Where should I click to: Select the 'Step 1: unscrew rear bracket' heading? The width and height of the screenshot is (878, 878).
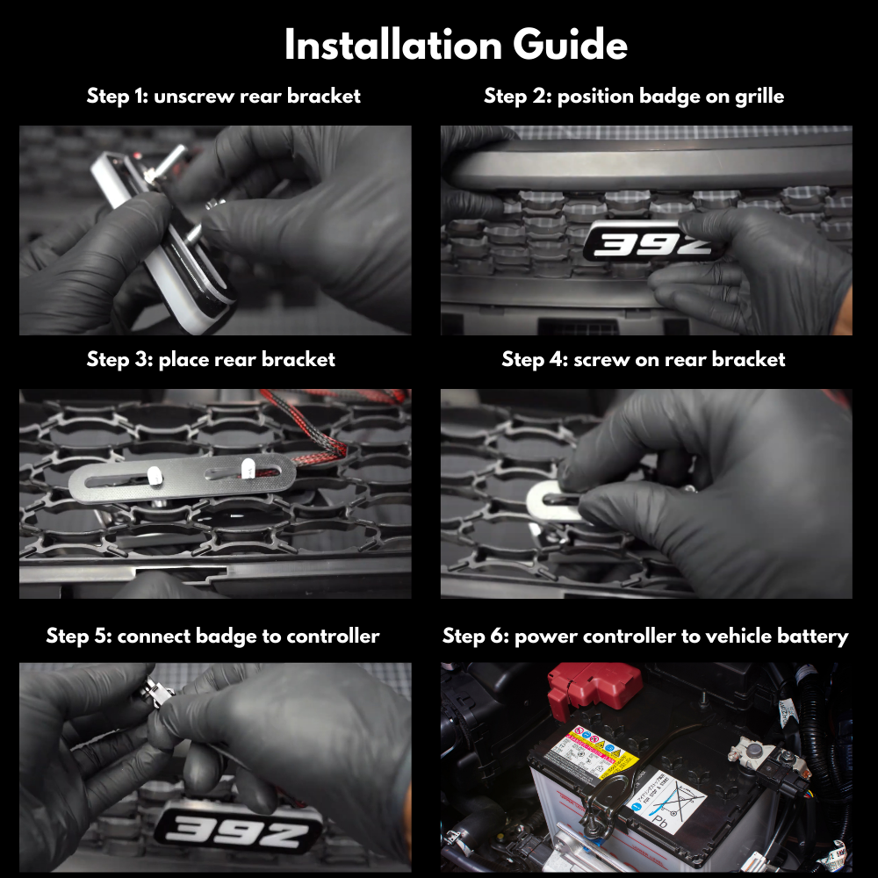pyautogui.click(x=223, y=96)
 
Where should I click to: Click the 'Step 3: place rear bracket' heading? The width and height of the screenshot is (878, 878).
pyautogui.click(x=211, y=359)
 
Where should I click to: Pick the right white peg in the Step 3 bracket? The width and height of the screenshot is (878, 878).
pyautogui.click(x=247, y=467)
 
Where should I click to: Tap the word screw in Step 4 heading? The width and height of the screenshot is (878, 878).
pyautogui.click(x=607, y=359)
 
